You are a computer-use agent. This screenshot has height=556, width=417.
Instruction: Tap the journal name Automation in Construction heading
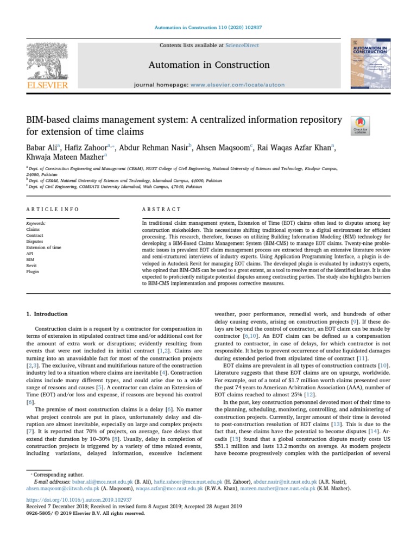pos(209,65)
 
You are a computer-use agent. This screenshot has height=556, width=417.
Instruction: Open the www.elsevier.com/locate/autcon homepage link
pos(237,85)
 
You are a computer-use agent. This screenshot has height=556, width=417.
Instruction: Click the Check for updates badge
pos(361,126)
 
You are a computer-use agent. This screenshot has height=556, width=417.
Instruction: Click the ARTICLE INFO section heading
pos(52,209)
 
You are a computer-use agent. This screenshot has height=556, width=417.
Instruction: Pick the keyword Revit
pos(32,266)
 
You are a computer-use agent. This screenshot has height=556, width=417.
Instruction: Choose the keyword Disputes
pos(34,242)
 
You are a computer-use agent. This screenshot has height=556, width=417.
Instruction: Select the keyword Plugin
pos(33,272)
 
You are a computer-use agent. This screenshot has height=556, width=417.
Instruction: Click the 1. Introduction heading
pos(47,314)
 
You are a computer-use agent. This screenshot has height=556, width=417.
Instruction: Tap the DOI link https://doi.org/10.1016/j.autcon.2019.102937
pos(79,499)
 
